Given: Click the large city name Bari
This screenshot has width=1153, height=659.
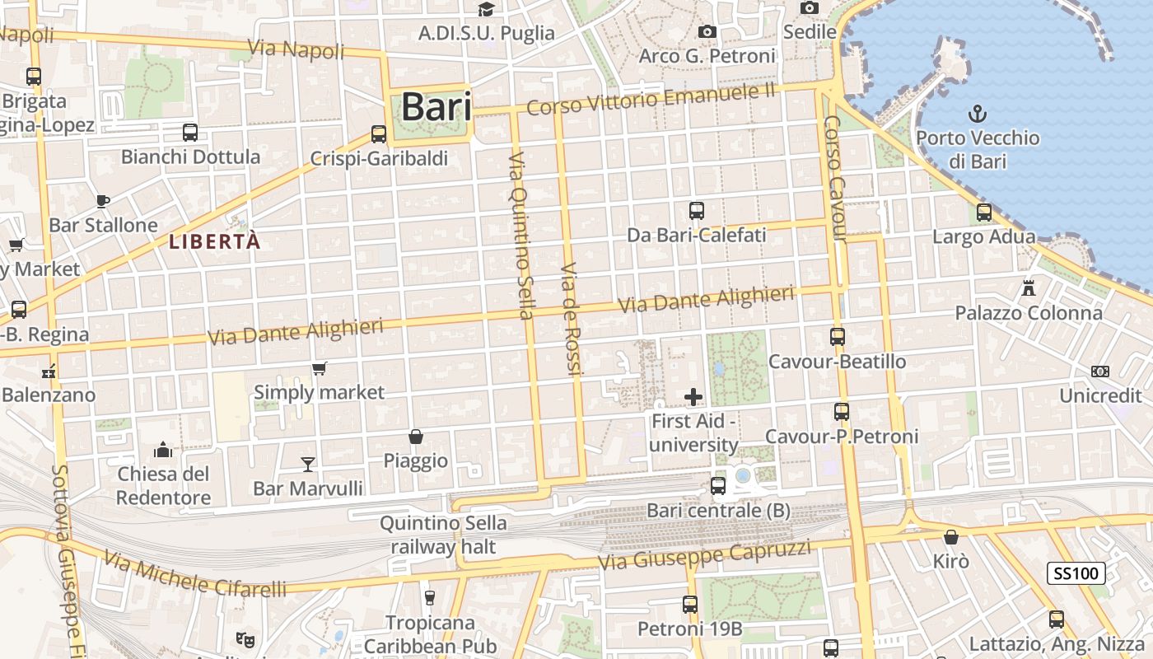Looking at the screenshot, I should point(436,107).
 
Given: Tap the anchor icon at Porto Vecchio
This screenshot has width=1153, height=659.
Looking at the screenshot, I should point(977,113).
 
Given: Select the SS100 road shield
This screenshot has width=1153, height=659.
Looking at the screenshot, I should point(1076,573).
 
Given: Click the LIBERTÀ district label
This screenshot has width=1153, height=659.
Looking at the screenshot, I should point(214,241).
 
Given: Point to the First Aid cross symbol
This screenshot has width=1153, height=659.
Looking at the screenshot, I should point(693,398).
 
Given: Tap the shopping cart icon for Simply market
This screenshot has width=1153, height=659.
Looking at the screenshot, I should point(319,368).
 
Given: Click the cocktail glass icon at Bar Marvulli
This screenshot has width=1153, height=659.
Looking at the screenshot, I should point(308,465).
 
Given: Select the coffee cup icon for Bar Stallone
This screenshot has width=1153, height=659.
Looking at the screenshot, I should point(103,201).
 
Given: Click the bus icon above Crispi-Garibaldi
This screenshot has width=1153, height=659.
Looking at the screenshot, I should point(379,133).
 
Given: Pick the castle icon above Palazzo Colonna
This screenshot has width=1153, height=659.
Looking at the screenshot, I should point(1028,288).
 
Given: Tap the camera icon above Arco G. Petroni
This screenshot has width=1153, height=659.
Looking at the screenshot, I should point(707,32).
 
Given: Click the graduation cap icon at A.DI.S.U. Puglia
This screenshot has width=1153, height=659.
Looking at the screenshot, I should point(486,9).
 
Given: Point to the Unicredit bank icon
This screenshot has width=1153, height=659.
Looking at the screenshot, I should point(1099,372).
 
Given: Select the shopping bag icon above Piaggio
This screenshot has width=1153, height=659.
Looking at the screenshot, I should point(416,437).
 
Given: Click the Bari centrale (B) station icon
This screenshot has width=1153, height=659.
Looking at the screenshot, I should point(718,486).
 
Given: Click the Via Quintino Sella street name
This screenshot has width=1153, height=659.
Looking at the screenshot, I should point(521,235).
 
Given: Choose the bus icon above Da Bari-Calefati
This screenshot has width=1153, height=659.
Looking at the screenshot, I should point(697,211).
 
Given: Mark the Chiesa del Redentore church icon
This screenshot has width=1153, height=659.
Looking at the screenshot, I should point(163,450).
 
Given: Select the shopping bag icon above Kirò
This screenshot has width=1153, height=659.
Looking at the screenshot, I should point(951,537).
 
